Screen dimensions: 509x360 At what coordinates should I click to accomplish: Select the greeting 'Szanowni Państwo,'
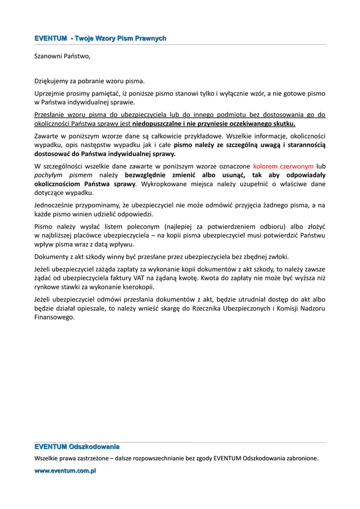coord(62,56)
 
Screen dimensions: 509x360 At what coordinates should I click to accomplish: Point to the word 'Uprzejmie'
coord(50,93)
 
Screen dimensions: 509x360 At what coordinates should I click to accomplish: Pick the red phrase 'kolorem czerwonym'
coord(283,166)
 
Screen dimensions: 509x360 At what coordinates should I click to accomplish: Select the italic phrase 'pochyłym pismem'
coord(63,175)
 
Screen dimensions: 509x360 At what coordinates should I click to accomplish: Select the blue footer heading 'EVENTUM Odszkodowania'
coord(77,447)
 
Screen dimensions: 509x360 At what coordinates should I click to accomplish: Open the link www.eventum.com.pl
coord(65,470)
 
